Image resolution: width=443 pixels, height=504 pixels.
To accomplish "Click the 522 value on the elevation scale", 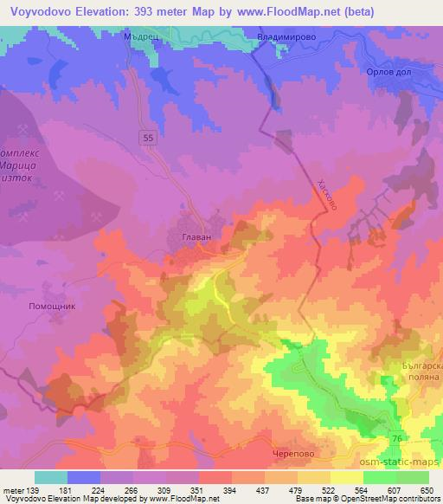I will [x=330, y=489].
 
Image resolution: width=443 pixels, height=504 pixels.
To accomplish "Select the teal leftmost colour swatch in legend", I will [x=51, y=477].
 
